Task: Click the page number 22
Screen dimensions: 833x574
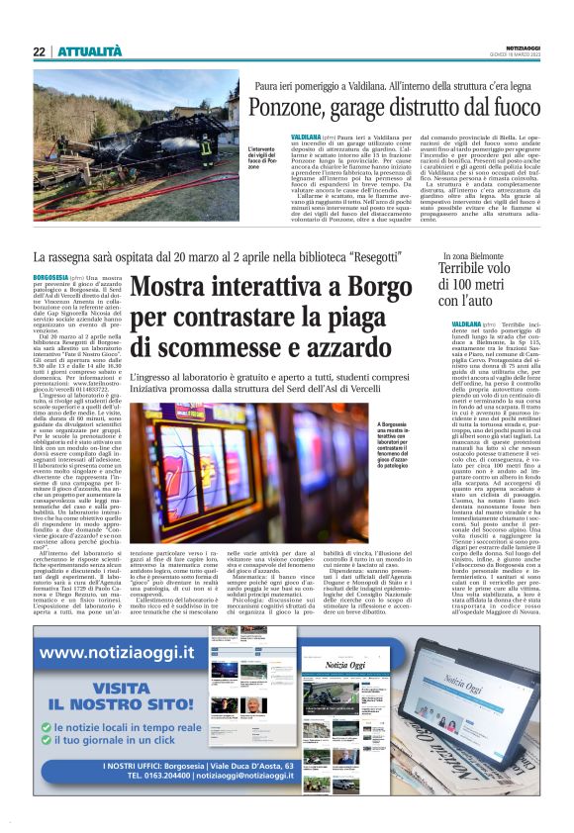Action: coord(39,51)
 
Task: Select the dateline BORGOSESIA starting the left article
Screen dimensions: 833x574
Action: coord(50,279)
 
